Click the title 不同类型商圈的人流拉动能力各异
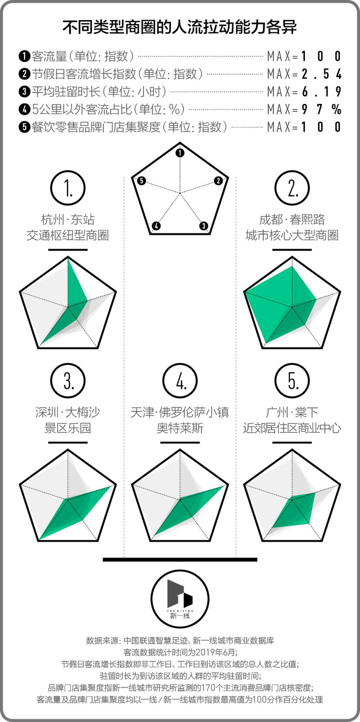pos(179,26)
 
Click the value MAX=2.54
pos(304,74)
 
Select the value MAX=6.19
pos(304,92)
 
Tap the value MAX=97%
pos(304,109)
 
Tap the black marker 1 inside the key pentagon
pos(179,153)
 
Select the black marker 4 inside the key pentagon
pos(157,226)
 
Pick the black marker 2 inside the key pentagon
pos(219,180)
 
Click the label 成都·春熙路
pos(292,220)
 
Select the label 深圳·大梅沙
pos(68,412)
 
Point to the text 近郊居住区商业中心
pos(292,428)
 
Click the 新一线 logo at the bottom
pos(179,598)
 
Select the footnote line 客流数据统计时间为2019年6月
pos(179,652)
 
